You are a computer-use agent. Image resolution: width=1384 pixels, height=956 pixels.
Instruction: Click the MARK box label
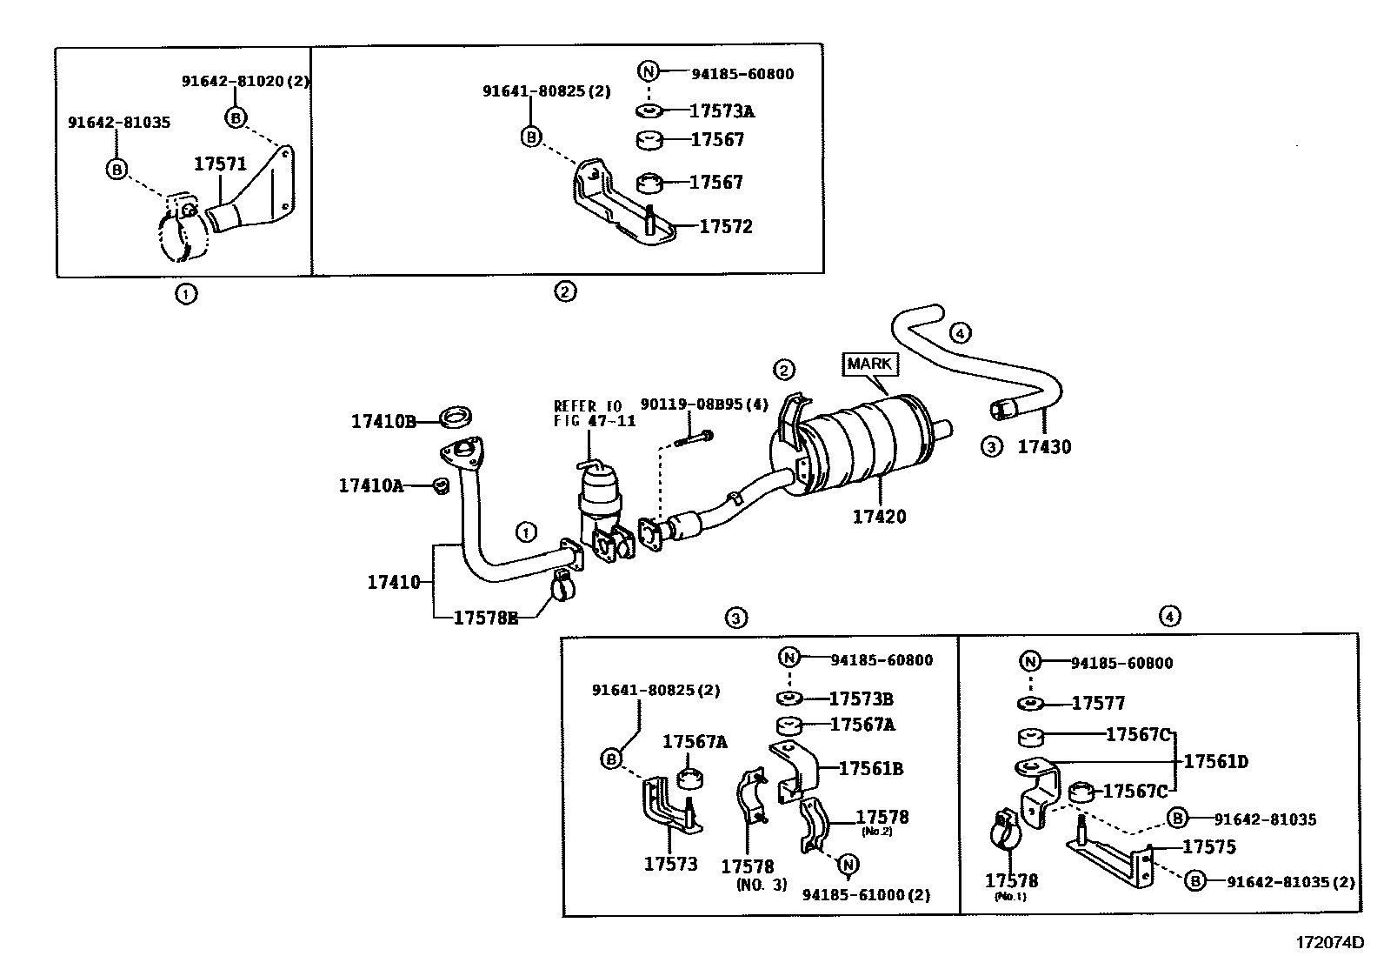pos(870,364)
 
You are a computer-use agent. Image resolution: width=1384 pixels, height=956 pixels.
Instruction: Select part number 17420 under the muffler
pos(879,517)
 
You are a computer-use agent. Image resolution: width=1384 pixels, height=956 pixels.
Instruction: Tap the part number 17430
pos(1044,446)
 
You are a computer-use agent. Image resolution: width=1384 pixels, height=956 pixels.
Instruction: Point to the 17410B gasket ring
pos(456,418)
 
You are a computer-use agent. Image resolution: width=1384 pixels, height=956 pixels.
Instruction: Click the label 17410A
pos(370,485)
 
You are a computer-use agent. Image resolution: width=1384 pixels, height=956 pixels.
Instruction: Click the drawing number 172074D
pos(1329,942)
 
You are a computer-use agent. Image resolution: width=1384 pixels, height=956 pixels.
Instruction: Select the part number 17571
pos(220,164)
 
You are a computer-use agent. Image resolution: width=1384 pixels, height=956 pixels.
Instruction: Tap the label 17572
pos(726,226)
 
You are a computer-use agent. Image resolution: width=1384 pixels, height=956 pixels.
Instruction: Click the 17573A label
pos(722,111)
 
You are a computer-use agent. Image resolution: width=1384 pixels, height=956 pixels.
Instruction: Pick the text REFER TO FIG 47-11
pos(595,414)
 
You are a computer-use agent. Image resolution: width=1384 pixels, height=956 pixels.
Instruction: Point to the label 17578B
pos(486,618)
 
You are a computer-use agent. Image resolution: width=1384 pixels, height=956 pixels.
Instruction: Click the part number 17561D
pos(1215,761)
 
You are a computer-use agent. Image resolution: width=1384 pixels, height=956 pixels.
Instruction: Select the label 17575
pos(1209,846)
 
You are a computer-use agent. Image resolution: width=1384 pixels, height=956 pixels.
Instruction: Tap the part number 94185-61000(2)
pos(866,895)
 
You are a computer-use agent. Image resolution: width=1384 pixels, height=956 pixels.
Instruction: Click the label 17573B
pos(861,699)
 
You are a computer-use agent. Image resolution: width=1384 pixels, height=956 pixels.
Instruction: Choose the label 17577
pos(1098,703)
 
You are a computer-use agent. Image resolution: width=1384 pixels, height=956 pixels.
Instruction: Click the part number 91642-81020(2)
pos(245,81)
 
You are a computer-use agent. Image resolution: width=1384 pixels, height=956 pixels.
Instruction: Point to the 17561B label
pos(871,769)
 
